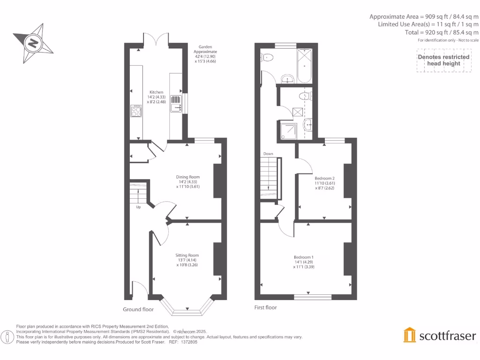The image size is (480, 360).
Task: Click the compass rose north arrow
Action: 33,44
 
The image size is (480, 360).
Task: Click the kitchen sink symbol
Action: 175,103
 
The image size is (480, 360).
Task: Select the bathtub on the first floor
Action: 304,66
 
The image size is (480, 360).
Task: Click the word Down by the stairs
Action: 268,154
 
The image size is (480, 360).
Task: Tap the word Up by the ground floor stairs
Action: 138,207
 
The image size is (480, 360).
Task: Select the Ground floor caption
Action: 138,309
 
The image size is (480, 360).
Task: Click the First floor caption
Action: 266,307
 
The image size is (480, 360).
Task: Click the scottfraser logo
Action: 440,335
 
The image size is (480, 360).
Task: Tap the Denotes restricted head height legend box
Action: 443,60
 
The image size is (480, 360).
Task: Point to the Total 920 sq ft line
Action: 442,32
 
